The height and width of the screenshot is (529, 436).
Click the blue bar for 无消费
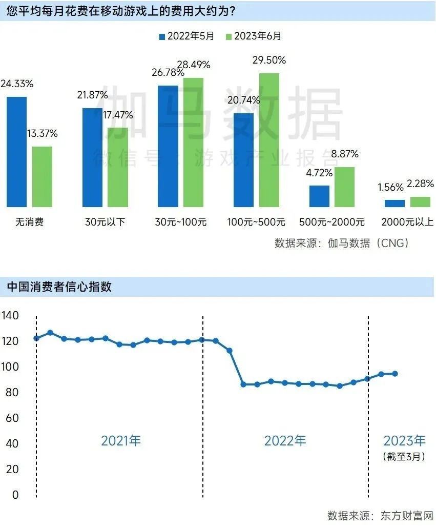16,152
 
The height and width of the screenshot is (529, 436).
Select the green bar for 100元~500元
269,140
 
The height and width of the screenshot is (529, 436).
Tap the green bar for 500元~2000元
344,187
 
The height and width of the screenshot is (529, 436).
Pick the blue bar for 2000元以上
395,204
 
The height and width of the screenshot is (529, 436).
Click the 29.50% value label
269,60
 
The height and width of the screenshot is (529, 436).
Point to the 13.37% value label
41,134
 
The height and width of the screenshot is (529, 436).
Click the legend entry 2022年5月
186,36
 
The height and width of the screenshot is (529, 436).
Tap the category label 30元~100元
181,222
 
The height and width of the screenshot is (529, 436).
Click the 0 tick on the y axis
15,495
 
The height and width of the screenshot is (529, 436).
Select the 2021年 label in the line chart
121,440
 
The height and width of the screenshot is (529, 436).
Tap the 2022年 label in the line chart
285,440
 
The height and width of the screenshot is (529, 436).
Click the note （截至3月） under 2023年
404,456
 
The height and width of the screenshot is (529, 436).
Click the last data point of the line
395,374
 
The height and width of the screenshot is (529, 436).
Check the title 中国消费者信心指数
59,287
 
